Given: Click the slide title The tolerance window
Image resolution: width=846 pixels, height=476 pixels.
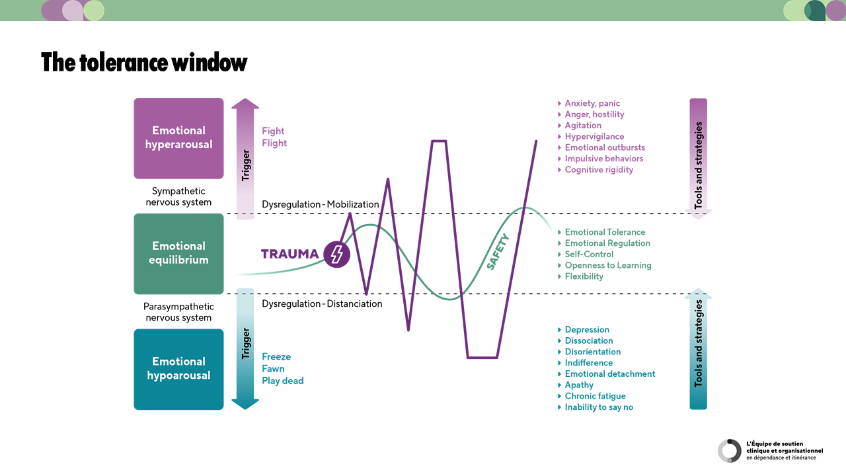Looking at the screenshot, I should [144, 62].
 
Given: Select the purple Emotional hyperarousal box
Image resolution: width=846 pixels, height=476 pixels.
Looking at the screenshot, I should [178, 138].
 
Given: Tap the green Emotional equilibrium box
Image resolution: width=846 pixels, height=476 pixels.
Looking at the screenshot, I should [178, 253].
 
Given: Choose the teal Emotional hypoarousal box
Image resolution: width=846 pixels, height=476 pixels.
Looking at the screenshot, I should [178, 369].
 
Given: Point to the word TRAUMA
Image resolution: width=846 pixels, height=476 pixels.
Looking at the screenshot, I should [289, 255].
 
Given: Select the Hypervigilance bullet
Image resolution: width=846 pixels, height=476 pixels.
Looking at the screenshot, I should [594, 136].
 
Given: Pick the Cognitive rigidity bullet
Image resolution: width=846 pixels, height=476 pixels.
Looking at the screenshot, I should [599, 170].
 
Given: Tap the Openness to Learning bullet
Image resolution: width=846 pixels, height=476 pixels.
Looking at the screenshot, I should [608, 265].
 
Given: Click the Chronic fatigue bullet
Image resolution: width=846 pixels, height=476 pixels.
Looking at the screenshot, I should [595, 396].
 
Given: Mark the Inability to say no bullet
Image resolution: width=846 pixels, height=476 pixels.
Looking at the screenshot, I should [599, 407].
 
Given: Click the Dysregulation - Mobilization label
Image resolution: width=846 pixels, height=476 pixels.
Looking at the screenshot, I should [321, 204].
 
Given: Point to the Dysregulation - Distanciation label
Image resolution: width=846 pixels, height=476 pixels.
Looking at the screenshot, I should [322, 304].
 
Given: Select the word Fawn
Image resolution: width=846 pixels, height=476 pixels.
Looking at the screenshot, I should [273, 369].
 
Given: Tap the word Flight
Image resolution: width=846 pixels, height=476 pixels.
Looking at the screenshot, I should [274, 143].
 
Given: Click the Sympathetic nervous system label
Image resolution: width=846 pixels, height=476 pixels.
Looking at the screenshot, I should [178, 197].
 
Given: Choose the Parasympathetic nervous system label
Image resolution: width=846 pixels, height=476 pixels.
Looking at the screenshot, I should [178, 312].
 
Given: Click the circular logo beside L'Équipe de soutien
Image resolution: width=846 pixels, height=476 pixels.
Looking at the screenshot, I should [730, 450].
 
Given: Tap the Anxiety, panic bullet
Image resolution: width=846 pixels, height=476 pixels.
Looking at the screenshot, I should [592, 103].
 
